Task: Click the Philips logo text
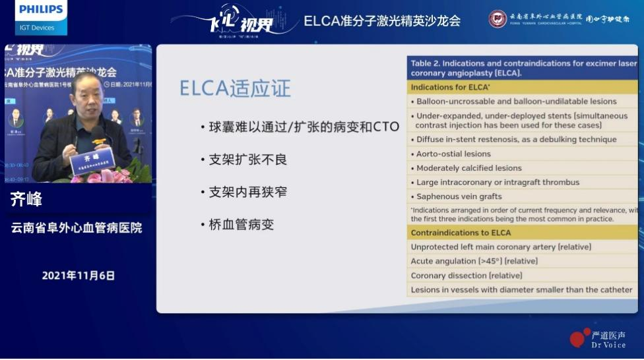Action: coord(41,10)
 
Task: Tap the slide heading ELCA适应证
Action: coord(235,88)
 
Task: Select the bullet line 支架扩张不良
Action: coord(248,160)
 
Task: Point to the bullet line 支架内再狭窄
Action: coord(248,192)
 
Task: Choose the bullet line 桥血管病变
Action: coord(241,224)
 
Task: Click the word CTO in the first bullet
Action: coord(386,127)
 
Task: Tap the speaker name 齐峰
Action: coord(26,200)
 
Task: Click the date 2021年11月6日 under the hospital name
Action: coord(79,276)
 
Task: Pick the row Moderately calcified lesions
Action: coord(468,168)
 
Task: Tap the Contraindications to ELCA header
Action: coord(461,233)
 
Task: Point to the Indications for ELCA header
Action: coord(450,87)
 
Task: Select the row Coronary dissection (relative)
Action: coord(467,276)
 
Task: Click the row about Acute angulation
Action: coord(474,261)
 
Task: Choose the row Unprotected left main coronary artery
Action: coord(501,247)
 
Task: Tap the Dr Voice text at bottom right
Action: coord(608,345)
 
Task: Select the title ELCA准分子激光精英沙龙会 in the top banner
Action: coord(382,20)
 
